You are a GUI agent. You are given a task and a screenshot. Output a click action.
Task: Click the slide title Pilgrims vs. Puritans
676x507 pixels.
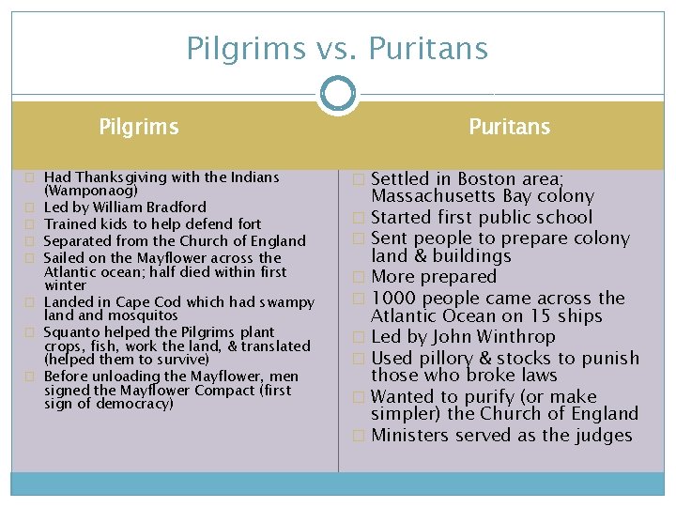pyautogui.click(x=337, y=48)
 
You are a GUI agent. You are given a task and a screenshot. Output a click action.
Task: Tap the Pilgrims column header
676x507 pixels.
pyautogui.click(x=139, y=127)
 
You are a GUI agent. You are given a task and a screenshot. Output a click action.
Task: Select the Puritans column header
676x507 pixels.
pyautogui.click(x=510, y=127)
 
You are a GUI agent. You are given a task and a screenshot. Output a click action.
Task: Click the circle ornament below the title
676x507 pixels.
pyautogui.click(x=337, y=94)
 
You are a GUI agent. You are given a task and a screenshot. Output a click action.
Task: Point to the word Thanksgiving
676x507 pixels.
pyautogui.click(x=121, y=177)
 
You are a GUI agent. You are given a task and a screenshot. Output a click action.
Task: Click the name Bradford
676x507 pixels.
pyautogui.click(x=175, y=207)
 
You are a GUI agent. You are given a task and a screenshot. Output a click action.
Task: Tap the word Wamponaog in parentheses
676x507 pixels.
pyautogui.click(x=84, y=191)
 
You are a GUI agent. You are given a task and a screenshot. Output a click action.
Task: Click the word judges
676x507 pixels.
pyautogui.click(x=605, y=436)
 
